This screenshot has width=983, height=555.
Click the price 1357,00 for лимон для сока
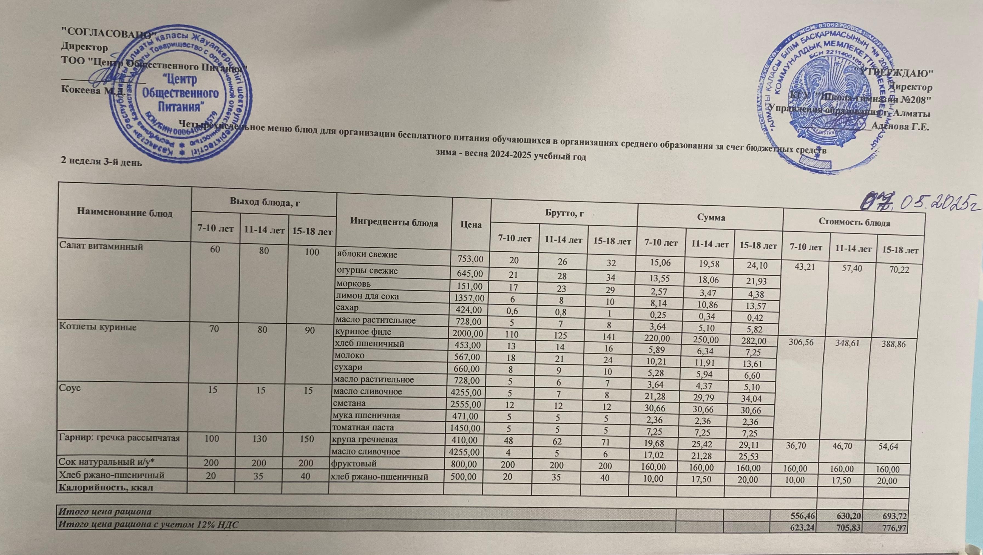[x=468, y=296]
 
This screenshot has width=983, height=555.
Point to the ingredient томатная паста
[x=364, y=427]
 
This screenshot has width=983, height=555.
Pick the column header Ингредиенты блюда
[x=394, y=223]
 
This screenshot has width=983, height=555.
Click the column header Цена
[x=471, y=225]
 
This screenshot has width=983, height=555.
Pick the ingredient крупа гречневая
[x=366, y=439]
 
